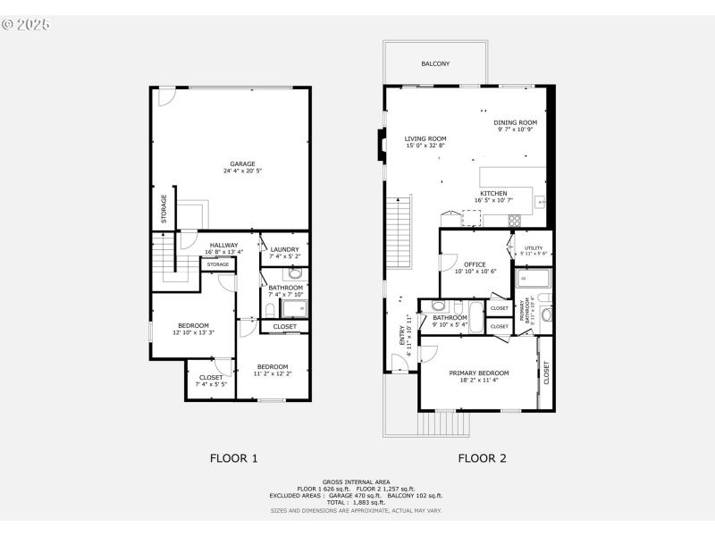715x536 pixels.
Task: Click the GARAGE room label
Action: (242, 163)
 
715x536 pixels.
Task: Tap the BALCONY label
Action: (435, 64)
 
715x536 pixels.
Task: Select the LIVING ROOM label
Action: (425, 138)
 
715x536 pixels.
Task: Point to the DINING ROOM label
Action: (515, 122)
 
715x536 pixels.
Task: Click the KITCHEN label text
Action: (493, 193)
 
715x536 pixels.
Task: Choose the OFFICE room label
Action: (475, 264)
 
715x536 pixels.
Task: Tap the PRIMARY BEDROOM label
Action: (479, 373)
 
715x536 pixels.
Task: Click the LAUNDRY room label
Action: (284, 249)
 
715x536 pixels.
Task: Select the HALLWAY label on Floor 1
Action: (223, 245)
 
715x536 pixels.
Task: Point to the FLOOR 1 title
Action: (234, 458)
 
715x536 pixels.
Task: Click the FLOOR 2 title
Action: (483, 458)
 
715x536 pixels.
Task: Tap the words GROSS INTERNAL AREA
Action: (357, 482)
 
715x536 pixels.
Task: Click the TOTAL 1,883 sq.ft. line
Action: (357, 502)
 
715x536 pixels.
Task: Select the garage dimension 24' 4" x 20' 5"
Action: (242, 171)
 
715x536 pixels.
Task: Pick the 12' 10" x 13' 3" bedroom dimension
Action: (193, 331)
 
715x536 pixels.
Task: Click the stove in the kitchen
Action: (515, 219)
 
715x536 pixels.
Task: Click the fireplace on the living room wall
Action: (382, 144)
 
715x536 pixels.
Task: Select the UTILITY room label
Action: (534, 247)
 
